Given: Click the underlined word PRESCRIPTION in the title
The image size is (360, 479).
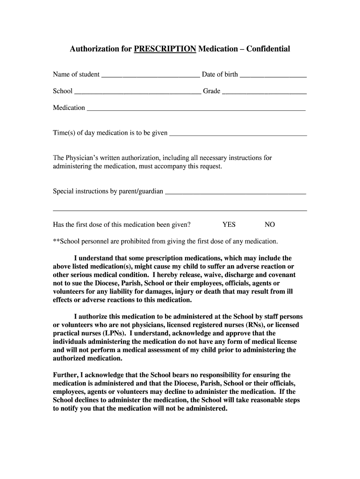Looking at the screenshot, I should (165, 49).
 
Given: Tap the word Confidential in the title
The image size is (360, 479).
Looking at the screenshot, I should (268, 49).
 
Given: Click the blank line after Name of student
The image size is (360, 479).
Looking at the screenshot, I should (151, 75).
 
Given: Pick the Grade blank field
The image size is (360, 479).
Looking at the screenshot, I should (264, 92).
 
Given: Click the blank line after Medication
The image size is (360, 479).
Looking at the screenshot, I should (196, 109).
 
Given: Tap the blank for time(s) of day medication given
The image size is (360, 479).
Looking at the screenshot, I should (238, 134).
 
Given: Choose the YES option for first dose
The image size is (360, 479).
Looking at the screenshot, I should (229, 225).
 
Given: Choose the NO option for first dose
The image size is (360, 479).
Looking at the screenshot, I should (270, 225).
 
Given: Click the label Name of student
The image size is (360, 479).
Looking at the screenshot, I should (76, 74).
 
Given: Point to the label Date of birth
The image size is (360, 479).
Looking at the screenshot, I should (220, 74).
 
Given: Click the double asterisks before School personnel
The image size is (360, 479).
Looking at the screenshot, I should (57, 241).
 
